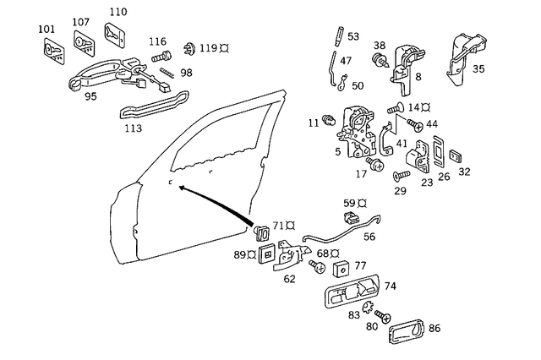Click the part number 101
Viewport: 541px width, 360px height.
[x=46, y=30]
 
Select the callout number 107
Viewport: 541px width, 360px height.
[x=80, y=22]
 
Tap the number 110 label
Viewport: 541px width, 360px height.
[x=117, y=12]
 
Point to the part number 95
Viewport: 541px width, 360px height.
[x=90, y=96]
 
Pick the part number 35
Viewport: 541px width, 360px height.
[x=478, y=68]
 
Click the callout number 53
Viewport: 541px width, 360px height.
[x=352, y=36]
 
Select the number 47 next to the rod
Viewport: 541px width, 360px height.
[x=346, y=61]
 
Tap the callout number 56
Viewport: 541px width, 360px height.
[x=369, y=237]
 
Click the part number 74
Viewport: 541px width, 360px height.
[x=390, y=286]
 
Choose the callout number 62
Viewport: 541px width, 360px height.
[x=290, y=277]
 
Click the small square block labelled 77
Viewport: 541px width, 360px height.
[x=342, y=270]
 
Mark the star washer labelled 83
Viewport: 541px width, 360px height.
[x=368, y=307]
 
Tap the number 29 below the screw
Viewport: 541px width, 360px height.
[x=400, y=191]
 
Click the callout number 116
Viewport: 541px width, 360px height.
[x=157, y=41]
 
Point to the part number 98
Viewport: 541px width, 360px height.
[x=186, y=73]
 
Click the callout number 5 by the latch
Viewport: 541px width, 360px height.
[x=337, y=152]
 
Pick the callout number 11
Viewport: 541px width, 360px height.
[x=314, y=123]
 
